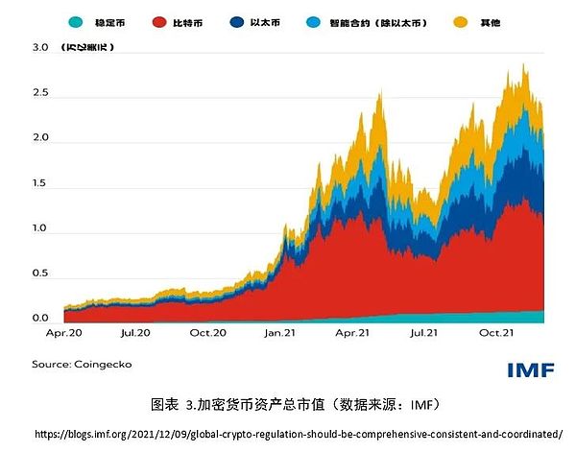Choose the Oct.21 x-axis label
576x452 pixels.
(x=497, y=334)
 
